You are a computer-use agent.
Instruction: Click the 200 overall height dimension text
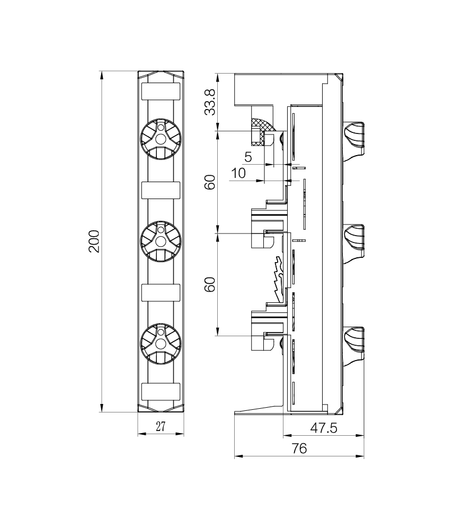point(94,241)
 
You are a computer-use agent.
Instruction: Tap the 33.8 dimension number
point(210,102)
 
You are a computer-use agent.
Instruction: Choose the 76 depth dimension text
point(299,448)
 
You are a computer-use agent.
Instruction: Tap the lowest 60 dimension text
point(210,284)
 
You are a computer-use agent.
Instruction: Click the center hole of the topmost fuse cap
point(161,139)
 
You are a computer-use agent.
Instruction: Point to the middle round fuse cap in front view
point(161,241)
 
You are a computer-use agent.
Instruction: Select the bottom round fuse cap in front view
point(161,344)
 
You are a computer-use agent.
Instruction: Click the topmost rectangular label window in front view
point(161,91)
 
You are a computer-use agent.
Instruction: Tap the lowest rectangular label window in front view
point(161,392)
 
